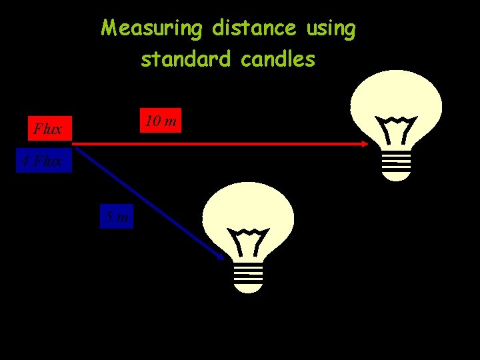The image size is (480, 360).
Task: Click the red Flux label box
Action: click(48, 129)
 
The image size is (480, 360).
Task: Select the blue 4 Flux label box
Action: click(44, 161)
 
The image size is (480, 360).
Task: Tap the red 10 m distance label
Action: click(161, 121)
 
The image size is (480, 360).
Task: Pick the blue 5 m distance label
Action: click(117, 216)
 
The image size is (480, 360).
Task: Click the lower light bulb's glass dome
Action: click(248, 207)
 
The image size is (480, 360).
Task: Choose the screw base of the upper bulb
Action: click(396, 167)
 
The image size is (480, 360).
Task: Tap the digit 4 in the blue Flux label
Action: click(25, 161)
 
